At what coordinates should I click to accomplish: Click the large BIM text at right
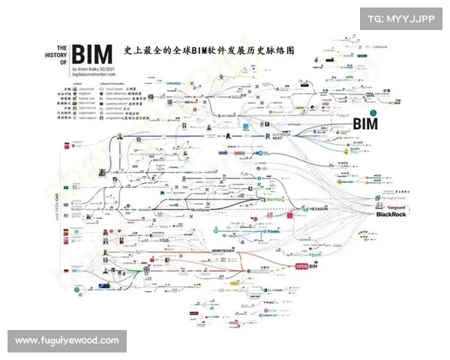coord(364,124)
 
